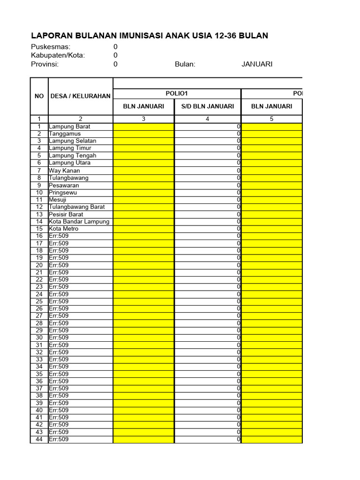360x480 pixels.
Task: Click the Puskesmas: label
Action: [x=51, y=47]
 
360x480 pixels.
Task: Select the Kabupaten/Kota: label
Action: [x=58, y=55]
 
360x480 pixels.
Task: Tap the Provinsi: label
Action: [x=45, y=64]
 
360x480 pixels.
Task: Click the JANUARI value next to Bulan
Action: [x=257, y=64]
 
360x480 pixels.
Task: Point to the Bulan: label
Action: [x=185, y=64]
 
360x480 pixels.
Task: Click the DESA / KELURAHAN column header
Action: [x=81, y=96]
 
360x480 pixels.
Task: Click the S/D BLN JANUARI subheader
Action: [x=208, y=106]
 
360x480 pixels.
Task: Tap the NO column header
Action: [x=39, y=96]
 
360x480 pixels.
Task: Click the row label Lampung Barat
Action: [x=70, y=127]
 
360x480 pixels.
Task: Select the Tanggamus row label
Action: [x=65, y=134]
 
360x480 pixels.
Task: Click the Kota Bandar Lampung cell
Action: [x=79, y=222]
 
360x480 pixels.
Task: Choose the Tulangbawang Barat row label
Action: [x=77, y=207]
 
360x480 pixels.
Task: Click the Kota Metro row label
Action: [x=64, y=229]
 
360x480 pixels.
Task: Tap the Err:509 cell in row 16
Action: [x=59, y=236]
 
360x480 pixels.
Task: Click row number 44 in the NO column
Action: [x=39, y=439]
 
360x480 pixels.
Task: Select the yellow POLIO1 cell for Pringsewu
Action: [x=143, y=192]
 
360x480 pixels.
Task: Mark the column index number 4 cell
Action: [x=208, y=119]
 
